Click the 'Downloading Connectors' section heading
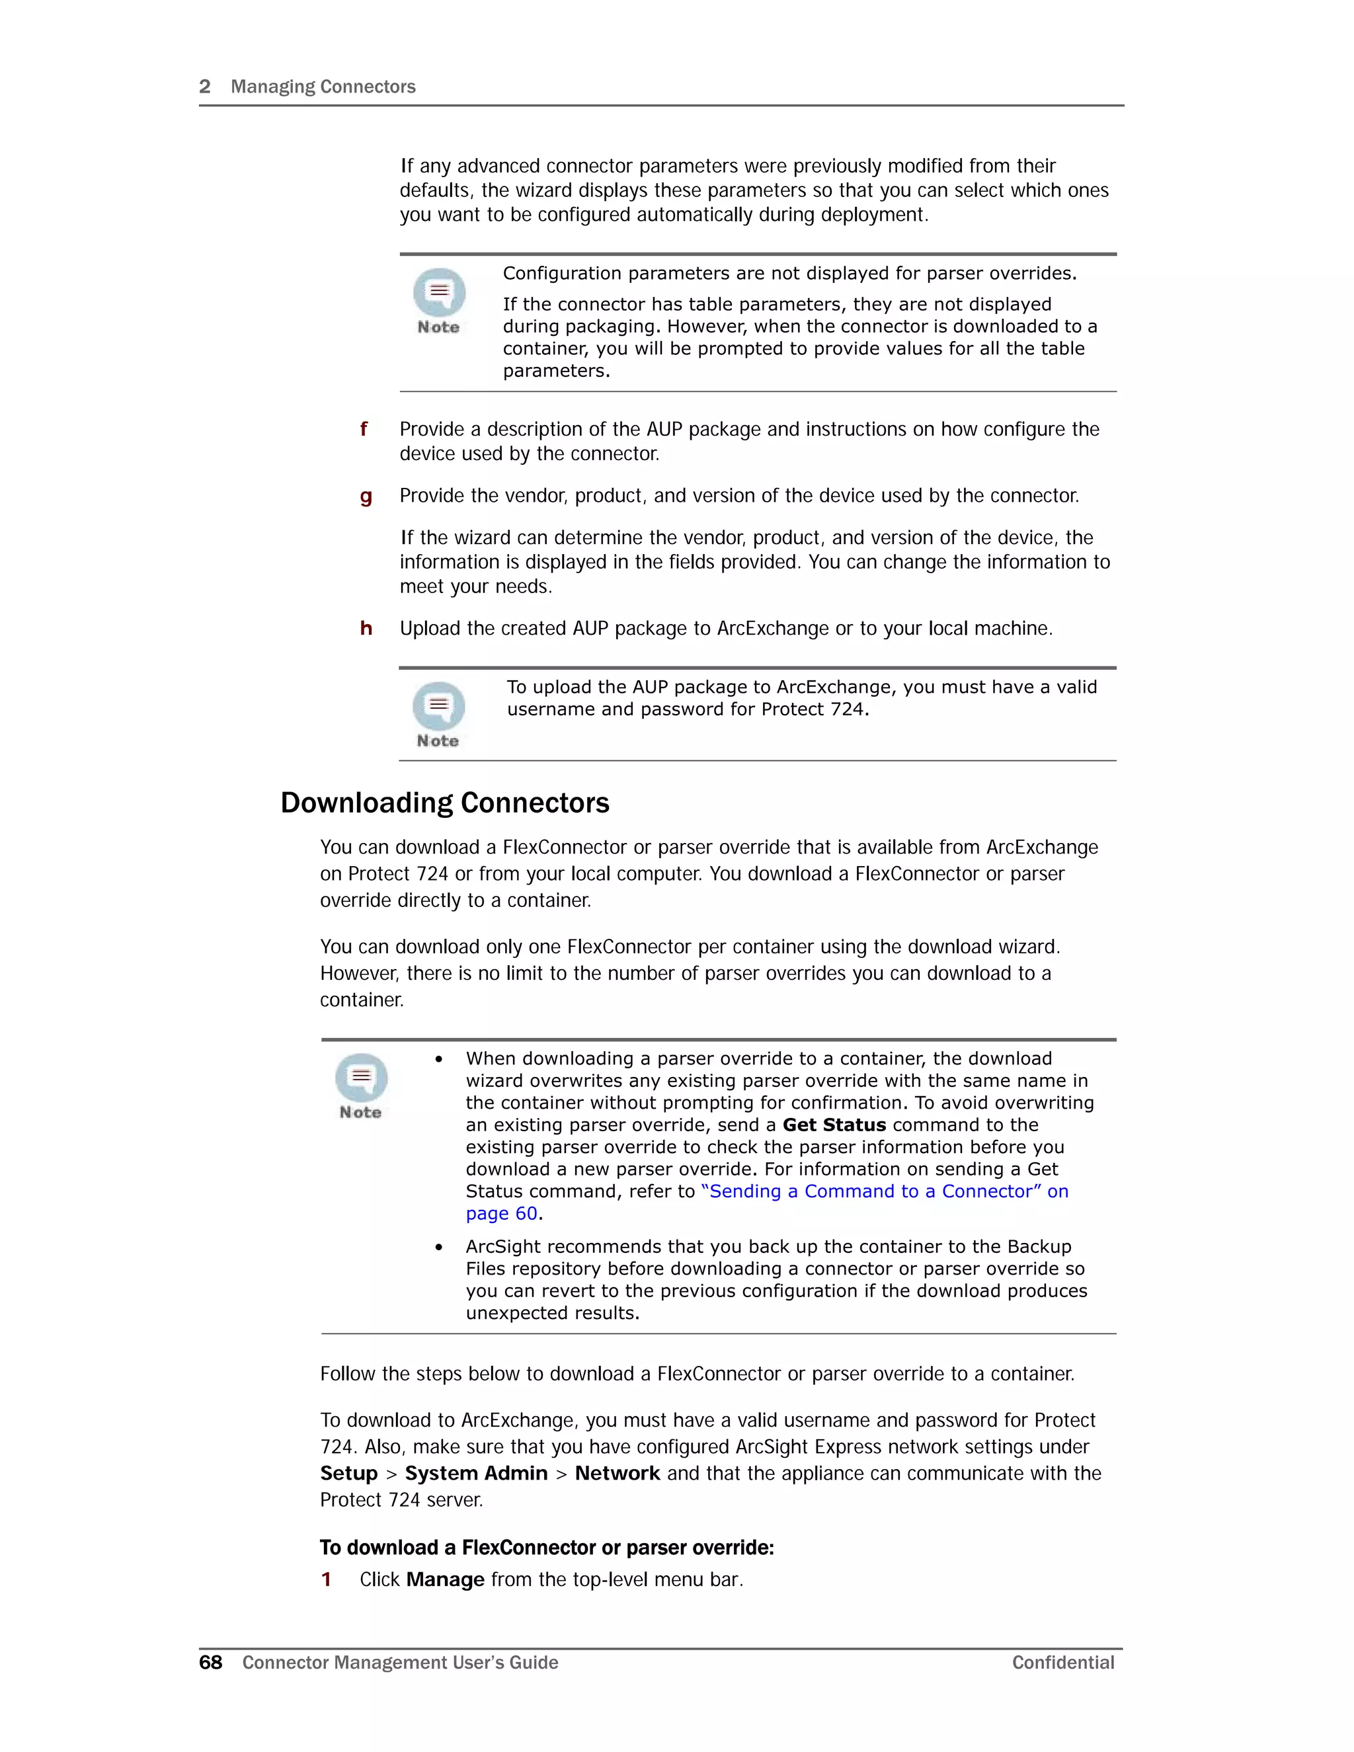(444, 803)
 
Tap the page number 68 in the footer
(210, 1663)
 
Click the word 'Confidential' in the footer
(1063, 1663)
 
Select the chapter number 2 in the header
(204, 87)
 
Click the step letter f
(364, 429)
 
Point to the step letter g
(366, 497)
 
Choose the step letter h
(366, 628)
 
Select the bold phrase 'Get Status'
(834, 1125)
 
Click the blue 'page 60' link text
(501, 1214)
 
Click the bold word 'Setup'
(348, 1474)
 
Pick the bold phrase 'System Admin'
(475, 1474)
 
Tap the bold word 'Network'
(617, 1474)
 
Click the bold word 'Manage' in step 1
(445, 1579)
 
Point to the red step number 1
(327, 1579)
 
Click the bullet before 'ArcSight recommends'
(439, 1248)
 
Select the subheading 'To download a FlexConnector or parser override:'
(546, 1548)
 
